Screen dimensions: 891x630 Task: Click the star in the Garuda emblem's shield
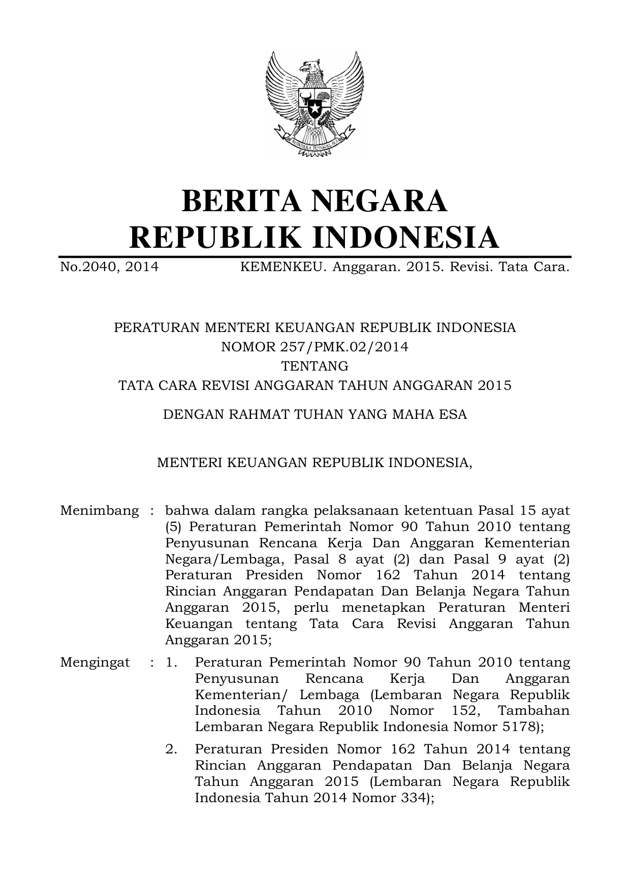coord(315,108)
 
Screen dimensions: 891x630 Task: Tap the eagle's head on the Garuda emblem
coord(309,67)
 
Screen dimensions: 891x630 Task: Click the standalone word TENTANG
coord(315,366)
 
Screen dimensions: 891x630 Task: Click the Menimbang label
coord(99,510)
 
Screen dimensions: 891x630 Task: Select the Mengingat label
coord(94,662)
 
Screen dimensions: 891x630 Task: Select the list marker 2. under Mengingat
coord(171,749)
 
